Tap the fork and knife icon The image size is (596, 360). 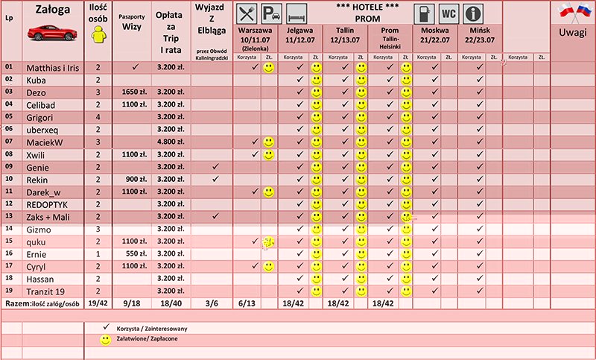click(246, 14)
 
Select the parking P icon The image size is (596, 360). click(271, 14)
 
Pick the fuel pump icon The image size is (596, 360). click(423, 14)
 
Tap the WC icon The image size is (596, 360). click(448, 14)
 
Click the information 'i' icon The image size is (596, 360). click(472, 14)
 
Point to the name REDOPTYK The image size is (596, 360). click(47, 203)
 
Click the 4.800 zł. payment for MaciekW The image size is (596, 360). click(171, 142)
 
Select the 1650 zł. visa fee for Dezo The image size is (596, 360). click(135, 92)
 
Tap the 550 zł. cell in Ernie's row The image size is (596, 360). click(135, 253)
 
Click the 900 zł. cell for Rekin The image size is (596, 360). click(135, 179)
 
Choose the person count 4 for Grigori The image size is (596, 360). click(98, 117)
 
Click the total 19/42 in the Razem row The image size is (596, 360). click(98, 303)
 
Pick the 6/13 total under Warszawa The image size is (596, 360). click(248, 303)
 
